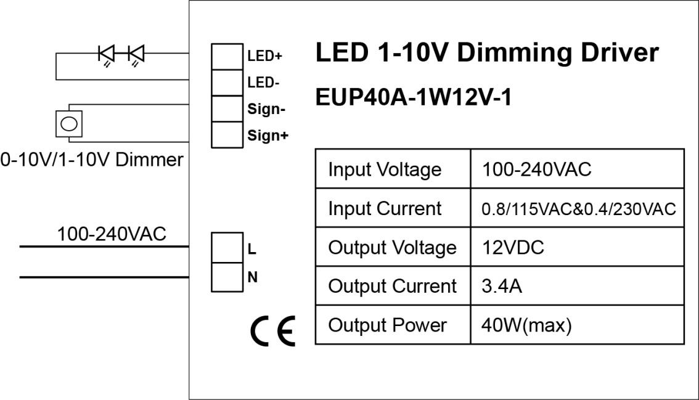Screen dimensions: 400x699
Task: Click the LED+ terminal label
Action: pyautogui.click(x=264, y=57)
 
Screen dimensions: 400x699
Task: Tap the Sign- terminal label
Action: pyautogui.click(x=266, y=109)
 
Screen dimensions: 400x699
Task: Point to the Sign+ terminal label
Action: pyautogui.click(x=268, y=136)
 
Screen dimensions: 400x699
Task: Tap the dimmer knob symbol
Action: pyautogui.click(x=69, y=124)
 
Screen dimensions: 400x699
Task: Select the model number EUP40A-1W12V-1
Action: pyautogui.click(x=413, y=98)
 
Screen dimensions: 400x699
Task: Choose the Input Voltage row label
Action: pyautogui.click(x=385, y=169)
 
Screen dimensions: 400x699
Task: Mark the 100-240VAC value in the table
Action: pyautogui.click(x=536, y=169)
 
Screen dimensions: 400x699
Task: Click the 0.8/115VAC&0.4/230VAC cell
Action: pyautogui.click(x=579, y=209)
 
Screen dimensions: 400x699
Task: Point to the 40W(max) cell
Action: pyautogui.click(x=526, y=325)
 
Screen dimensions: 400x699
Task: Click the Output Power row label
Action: pyautogui.click(x=387, y=325)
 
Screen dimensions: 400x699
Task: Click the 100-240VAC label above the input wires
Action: pyautogui.click(x=112, y=234)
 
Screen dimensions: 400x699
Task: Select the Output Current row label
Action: pyautogui.click(x=392, y=287)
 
